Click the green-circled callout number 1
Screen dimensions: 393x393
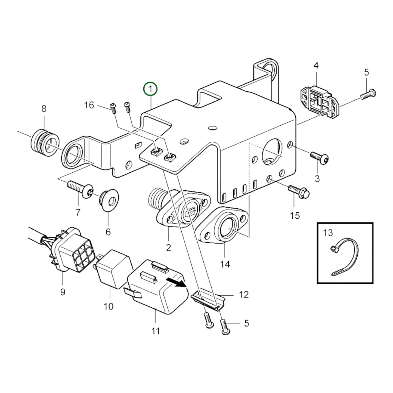coord(151,89)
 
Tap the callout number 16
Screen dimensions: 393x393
coord(89,105)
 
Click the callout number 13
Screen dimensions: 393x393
coord(328,233)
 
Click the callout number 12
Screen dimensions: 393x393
coord(243,295)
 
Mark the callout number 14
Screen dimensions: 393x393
coord(225,264)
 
